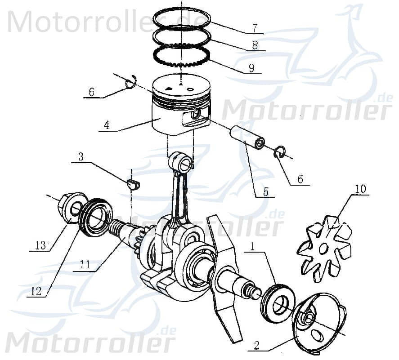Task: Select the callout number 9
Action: tap(251, 68)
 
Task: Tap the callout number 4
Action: tap(106, 125)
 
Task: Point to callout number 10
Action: tap(361, 189)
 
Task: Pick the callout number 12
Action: tap(36, 291)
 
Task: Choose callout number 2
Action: tap(256, 345)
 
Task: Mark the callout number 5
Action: tap(265, 192)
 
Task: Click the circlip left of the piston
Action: tap(130, 84)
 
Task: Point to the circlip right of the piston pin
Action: tap(279, 153)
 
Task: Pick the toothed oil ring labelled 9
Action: tap(182, 57)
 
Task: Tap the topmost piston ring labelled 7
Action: tap(182, 18)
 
